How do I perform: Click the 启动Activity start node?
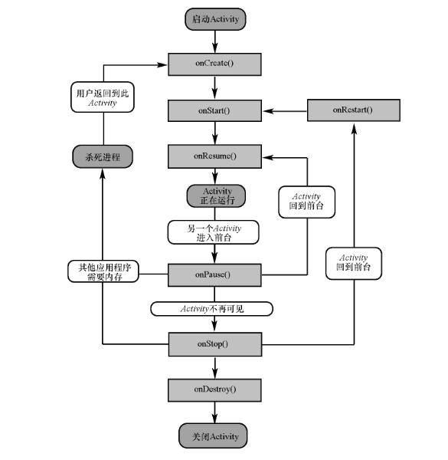coord(215,19)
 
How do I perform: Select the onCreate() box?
coord(214,64)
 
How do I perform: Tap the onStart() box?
coord(214,110)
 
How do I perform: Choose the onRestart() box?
coord(353,110)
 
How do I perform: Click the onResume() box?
coord(214,156)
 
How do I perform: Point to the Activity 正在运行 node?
coord(216,196)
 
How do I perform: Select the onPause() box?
coord(214,275)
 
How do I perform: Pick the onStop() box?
coord(215,344)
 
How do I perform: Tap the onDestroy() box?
coord(214,390)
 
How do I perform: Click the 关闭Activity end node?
coord(213,435)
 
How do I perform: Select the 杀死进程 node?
coord(103,156)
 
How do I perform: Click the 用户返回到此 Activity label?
coord(103,97)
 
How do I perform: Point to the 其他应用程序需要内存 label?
coord(103,271)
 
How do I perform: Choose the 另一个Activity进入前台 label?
coord(214,232)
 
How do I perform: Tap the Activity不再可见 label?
coord(212,309)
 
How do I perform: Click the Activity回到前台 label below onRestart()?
coord(354,264)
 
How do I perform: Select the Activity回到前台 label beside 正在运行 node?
coord(306,202)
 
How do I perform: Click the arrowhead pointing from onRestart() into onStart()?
coord(268,111)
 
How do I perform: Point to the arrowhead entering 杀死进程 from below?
coord(103,174)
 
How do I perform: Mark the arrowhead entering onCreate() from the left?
coord(162,65)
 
